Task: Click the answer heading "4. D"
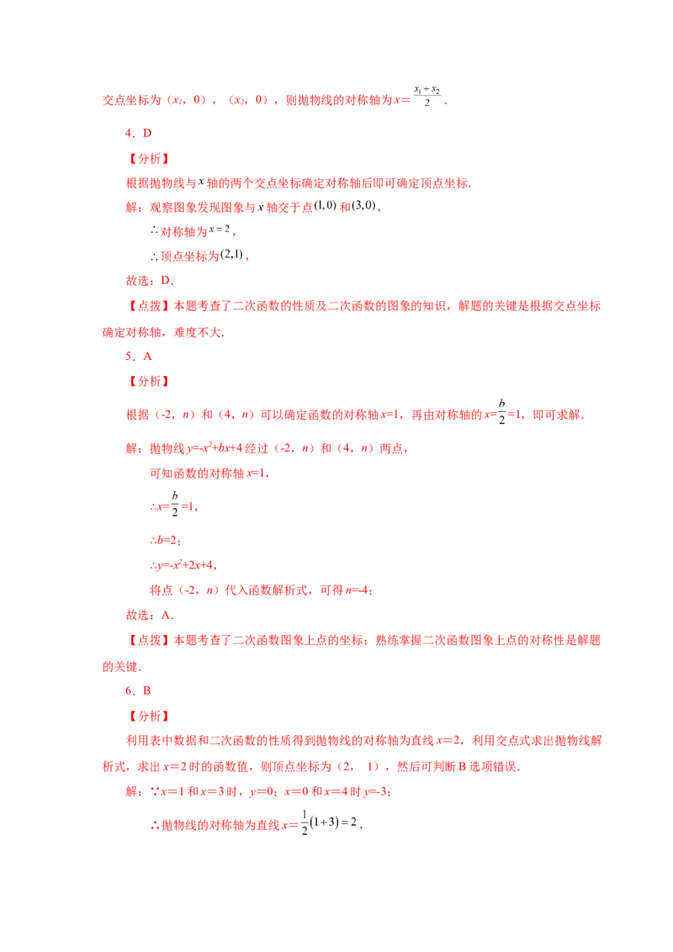[x=139, y=133]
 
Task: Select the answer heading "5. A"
[x=139, y=357]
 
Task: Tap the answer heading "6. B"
[x=138, y=690]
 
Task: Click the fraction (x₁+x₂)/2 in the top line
[x=427, y=96]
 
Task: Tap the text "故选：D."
[x=150, y=281]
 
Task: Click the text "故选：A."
[x=150, y=615]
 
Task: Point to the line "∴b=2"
[x=165, y=540]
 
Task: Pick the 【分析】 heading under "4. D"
[x=148, y=158]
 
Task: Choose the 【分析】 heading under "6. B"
[x=148, y=716]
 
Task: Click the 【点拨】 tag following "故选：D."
[x=148, y=305]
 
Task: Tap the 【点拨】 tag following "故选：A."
[x=148, y=640]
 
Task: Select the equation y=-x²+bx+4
[x=215, y=448]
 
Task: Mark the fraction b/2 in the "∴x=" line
[x=175, y=504]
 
